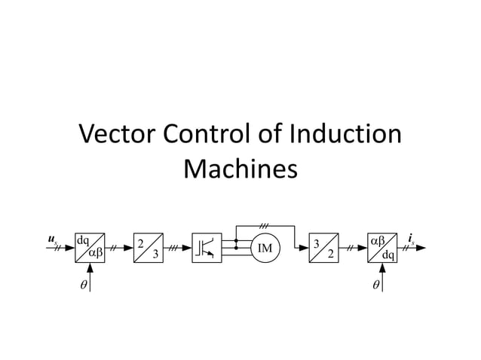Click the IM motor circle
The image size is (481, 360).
pos(265,248)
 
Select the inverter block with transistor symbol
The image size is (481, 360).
pos(207,248)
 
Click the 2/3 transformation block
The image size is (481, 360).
pos(149,248)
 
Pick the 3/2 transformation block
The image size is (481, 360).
pos(324,248)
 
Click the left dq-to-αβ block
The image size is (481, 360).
pos(90,248)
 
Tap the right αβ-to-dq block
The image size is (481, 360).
pos(383,248)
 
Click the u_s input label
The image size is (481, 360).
pos(51,239)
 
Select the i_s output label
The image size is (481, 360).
pos(411,239)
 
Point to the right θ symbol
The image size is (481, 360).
pos(375,285)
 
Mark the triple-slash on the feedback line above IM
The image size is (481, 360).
pos(264,224)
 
